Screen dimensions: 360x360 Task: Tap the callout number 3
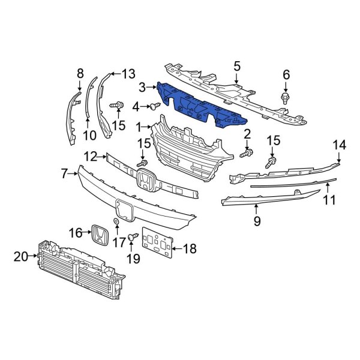142,88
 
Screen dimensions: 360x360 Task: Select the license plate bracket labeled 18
157,246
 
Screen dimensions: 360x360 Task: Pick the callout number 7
65,174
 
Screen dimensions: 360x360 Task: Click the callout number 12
91,156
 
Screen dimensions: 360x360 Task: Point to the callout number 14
340,145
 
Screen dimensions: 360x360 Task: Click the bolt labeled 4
155,106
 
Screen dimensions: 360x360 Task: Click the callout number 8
80,74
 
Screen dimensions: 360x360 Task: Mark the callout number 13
128,74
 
